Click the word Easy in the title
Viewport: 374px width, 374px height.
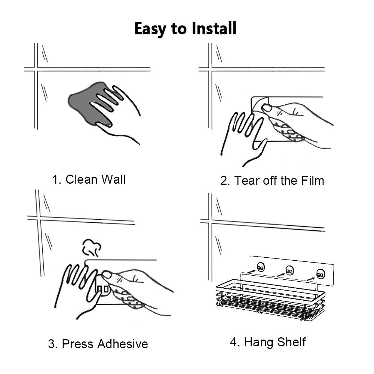point(150,29)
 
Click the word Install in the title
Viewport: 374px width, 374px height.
point(214,28)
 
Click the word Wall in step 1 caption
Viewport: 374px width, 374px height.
point(113,180)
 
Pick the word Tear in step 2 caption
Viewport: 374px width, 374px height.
point(247,180)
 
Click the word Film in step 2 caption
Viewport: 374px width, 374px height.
point(313,180)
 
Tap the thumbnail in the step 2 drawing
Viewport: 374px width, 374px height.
point(267,108)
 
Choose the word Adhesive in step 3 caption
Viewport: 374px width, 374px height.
point(123,344)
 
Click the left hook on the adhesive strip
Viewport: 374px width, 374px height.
point(261,267)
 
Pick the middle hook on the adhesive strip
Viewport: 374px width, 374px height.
point(290,270)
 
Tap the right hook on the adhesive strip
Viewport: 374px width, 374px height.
point(321,274)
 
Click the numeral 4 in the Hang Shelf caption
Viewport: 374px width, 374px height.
point(233,342)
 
